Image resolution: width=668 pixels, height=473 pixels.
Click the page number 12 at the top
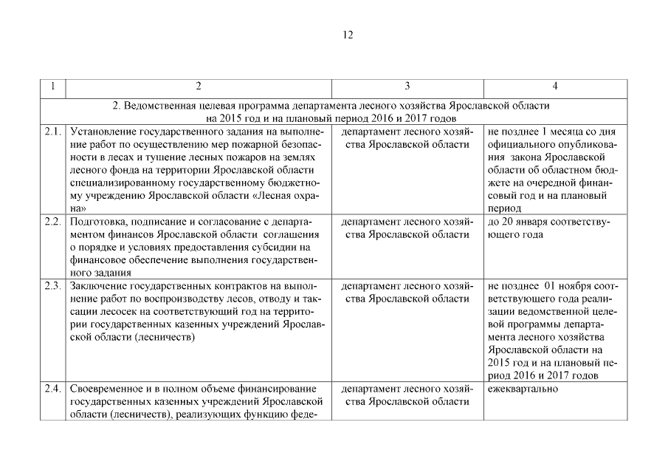point(348,35)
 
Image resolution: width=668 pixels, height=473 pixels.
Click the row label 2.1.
point(52,132)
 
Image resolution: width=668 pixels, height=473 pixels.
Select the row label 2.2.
point(52,222)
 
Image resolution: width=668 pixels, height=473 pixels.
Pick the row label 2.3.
point(52,286)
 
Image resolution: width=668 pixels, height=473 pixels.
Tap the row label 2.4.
point(52,389)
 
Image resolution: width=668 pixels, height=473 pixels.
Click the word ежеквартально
point(523,389)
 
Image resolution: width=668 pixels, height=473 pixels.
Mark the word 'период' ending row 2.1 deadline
point(505,208)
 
